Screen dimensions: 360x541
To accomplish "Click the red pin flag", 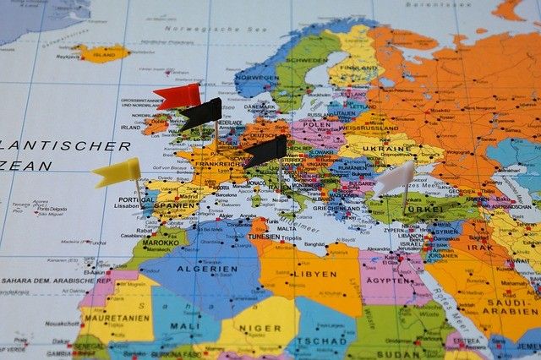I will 178,96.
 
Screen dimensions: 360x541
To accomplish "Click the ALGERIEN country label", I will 208,270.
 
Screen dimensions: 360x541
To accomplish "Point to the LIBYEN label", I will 315,274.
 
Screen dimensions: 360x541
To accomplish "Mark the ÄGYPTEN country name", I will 390,281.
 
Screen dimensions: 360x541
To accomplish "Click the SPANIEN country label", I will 175,205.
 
